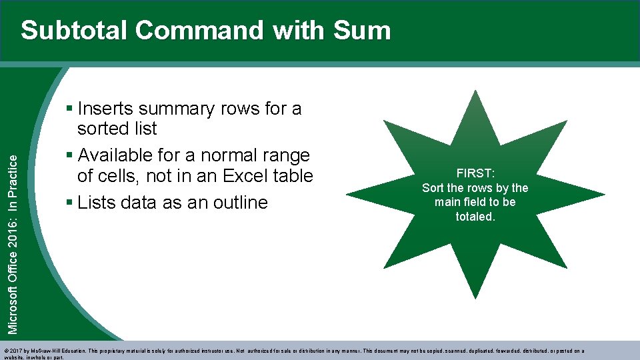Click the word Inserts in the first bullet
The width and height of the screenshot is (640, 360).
[x=107, y=109]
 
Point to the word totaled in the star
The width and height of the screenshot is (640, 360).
[x=475, y=216]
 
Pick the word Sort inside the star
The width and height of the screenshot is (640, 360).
[x=434, y=188]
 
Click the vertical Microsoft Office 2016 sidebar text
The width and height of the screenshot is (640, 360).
[x=14, y=234]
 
